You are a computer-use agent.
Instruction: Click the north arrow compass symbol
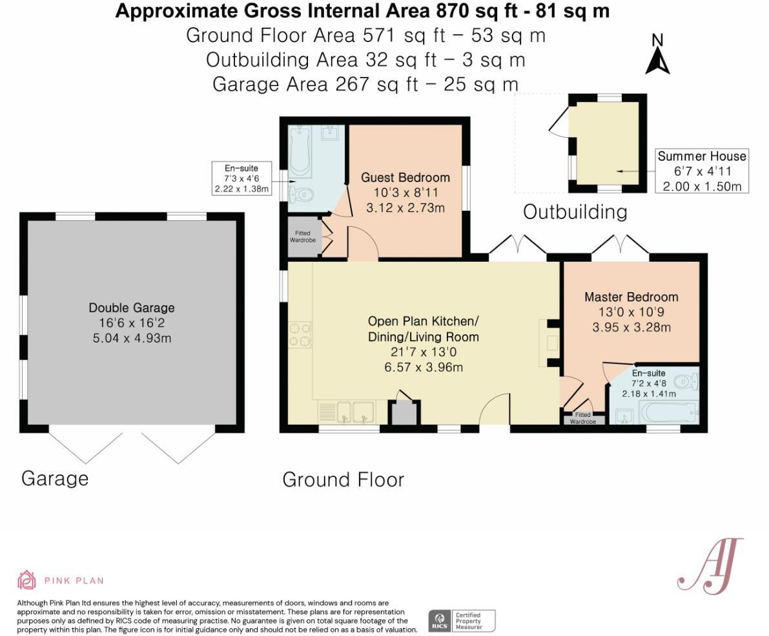[x=657, y=56]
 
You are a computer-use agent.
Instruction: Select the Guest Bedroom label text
[x=405, y=178]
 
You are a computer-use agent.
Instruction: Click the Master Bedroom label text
[x=631, y=297]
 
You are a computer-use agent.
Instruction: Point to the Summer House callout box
[x=702, y=171]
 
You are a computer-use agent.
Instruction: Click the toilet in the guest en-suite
[x=302, y=193]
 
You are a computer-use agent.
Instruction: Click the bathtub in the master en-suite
[x=668, y=412]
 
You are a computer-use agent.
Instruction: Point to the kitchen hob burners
[x=300, y=335]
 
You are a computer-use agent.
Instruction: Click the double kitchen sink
[x=353, y=412]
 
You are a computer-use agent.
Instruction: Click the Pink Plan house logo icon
[x=26, y=580]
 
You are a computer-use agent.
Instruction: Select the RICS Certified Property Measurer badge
[x=462, y=620]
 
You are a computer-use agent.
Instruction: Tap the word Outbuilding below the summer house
[x=575, y=211]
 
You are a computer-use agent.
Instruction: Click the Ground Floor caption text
[x=343, y=480]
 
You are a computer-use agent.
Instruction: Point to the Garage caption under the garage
[x=55, y=478]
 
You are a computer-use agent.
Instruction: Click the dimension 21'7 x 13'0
[x=424, y=353]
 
